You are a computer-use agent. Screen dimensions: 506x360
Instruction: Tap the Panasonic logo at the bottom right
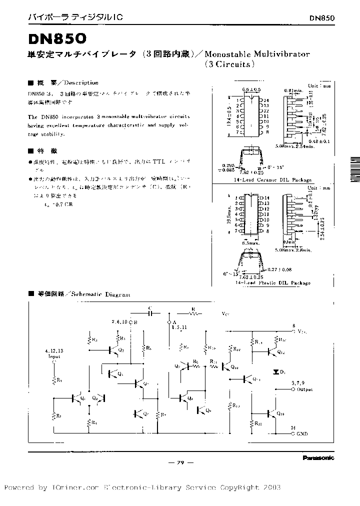(318, 457)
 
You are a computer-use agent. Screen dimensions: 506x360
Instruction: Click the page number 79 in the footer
(181, 463)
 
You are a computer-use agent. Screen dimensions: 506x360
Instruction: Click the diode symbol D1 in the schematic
(276, 372)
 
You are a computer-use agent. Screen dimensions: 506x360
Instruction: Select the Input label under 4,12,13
(53, 357)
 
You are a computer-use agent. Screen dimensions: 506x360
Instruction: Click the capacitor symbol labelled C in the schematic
(151, 314)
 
